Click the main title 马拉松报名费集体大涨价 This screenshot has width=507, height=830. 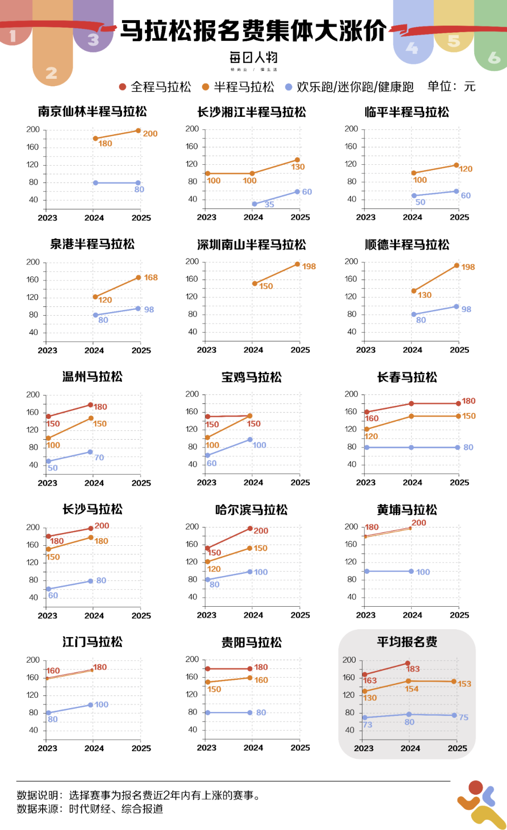(x=253, y=31)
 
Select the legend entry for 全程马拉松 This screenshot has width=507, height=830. (x=155, y=87)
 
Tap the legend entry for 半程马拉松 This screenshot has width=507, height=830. (x=238, y=87)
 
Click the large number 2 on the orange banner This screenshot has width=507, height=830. (x=52, y=73)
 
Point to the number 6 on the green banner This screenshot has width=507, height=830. (x=494, y=57)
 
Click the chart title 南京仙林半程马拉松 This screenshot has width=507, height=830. (x=92, y=112)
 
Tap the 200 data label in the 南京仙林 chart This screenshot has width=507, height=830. (x=150, y=134)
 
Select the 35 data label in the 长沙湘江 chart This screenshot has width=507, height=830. (x=269, y=204)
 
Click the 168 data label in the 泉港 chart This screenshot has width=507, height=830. (x=151, y=277)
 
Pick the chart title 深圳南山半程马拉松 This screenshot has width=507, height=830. (x=252, y=244)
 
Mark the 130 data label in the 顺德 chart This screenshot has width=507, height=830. (x=424, y=295)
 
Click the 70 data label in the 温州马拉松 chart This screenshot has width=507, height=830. (x=99, y=457)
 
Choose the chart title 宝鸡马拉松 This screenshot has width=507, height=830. (x=252, y=377)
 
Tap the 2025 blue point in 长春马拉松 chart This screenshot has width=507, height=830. (x=458, y=447)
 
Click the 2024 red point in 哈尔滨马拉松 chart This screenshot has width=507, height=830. (x=250, y=528)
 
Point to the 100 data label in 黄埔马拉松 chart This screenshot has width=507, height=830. (x=423, y=572)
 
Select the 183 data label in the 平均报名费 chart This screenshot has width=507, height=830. (x=413, y=669)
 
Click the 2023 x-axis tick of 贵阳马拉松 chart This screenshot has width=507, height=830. (x=207, y=747)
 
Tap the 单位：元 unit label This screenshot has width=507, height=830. (x=451, y=86)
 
